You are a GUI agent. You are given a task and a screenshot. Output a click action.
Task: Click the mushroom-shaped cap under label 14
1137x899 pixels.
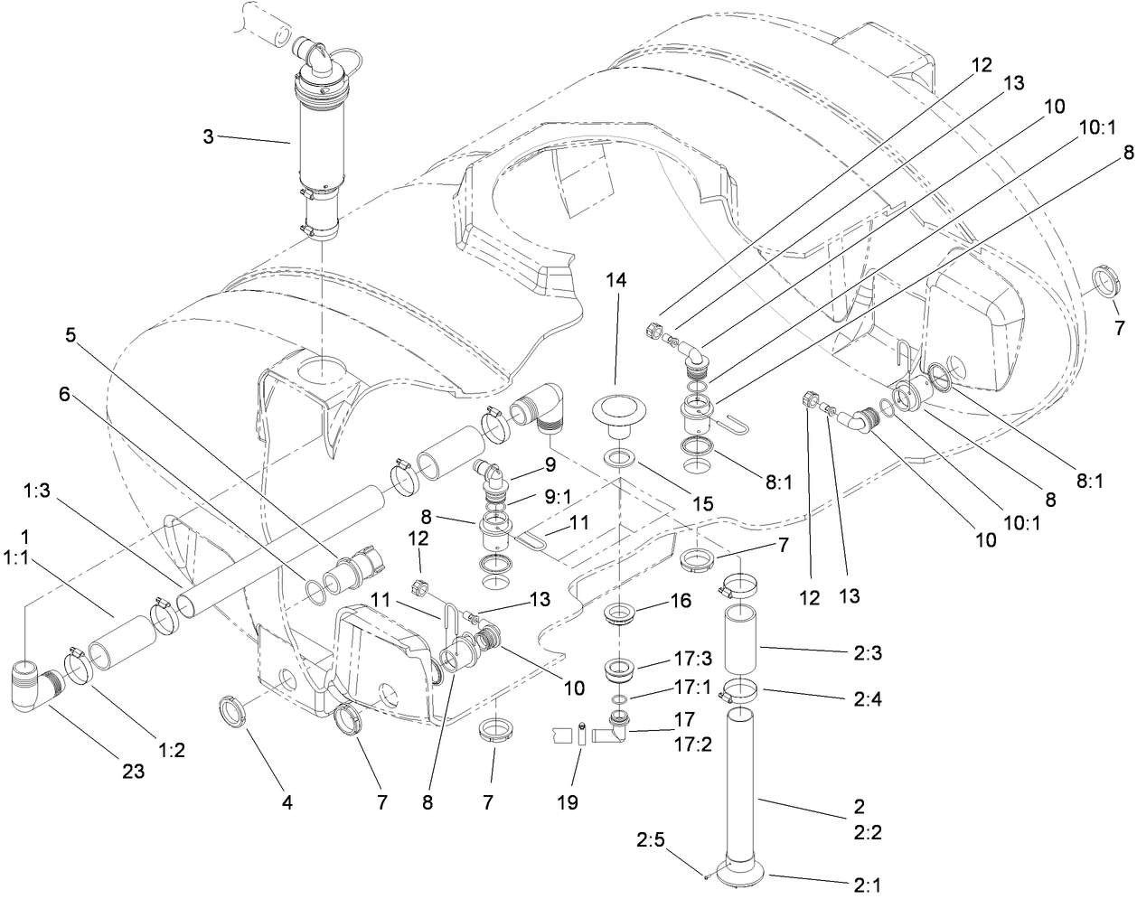pos(618,409)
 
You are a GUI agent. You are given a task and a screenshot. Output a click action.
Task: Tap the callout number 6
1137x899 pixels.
pos(64,370)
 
